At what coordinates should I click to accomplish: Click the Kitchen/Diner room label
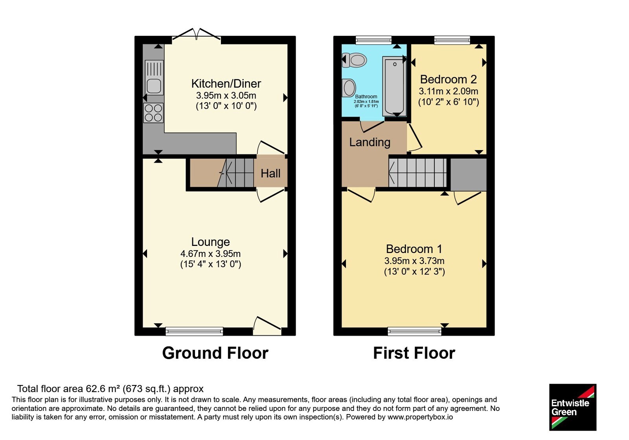226,84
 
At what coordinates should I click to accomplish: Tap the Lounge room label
211,242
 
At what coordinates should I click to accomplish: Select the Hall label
270,173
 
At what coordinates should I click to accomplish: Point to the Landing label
370,142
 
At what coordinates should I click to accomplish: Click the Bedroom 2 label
448,79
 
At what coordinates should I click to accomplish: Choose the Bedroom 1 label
414,249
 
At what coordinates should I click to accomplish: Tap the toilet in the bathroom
354,60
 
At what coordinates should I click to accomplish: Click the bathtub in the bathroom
394,86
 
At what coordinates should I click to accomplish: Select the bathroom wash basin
349,88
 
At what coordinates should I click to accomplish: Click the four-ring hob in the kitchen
153,113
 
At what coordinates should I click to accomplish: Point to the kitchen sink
154,77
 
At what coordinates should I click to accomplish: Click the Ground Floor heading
215,353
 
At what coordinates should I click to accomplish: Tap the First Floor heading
414,353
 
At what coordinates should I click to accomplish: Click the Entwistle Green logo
573,407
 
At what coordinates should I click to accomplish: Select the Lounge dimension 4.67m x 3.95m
210,254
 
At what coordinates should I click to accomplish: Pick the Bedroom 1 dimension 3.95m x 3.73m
414,261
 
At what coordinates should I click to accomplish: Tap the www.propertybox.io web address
420,417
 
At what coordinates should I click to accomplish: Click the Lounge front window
194,331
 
